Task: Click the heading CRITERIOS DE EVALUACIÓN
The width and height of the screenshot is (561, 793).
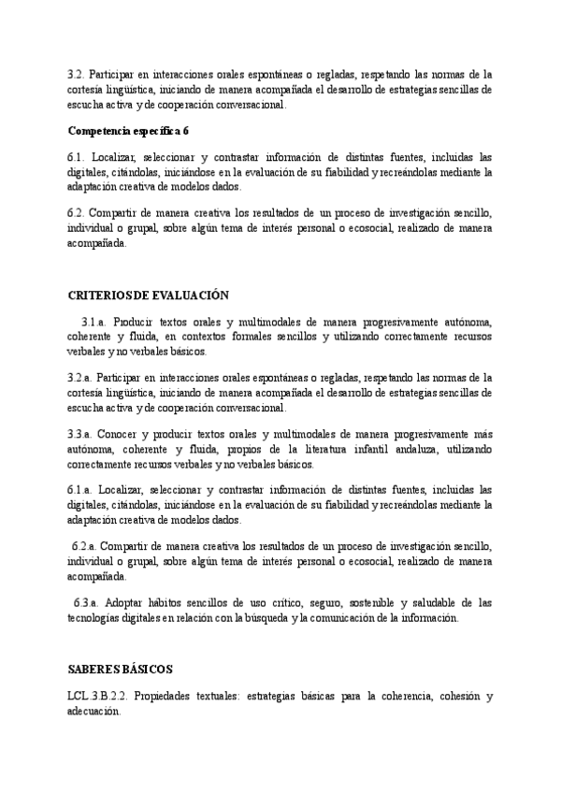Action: [x=149, y=295]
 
